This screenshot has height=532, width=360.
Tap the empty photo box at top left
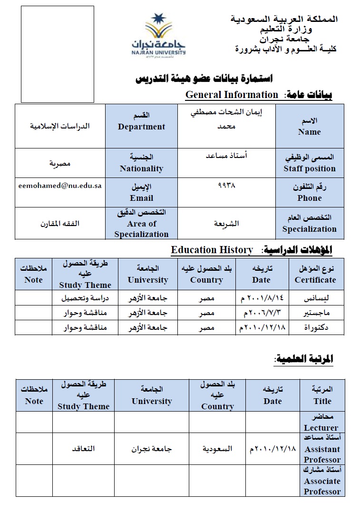[58, 54]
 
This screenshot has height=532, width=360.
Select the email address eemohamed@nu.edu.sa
[60, 186]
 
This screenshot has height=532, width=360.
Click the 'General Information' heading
[232, 95]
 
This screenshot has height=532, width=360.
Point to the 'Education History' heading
[212, 250]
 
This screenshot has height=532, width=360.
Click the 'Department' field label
[141, 127]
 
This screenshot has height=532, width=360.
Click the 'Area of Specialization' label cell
[141, 224]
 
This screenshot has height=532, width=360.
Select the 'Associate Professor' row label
[322, 481]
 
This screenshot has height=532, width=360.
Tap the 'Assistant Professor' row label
[322, 449]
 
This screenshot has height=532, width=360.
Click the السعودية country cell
[217, 449]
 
